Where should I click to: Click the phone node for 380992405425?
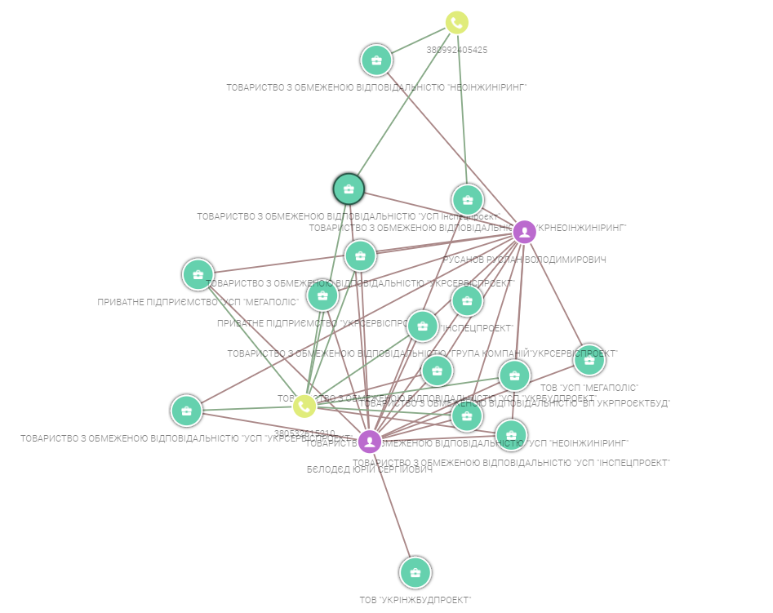pos(457,23)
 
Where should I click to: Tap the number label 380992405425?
pos(456,50)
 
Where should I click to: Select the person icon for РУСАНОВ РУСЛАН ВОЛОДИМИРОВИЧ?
pos(524,233)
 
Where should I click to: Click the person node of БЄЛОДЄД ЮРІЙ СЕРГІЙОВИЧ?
pos(370,442)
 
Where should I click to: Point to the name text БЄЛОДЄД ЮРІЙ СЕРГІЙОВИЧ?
pos(369,471)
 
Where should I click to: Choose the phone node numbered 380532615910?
pos(304,406)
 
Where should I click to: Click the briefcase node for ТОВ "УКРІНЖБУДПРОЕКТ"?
pos(415,572)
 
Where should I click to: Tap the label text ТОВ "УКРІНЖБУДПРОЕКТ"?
pos(415,600)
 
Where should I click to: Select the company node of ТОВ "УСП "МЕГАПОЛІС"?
pos(589,360)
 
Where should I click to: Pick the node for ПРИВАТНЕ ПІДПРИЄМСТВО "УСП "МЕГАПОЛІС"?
pos(198,274)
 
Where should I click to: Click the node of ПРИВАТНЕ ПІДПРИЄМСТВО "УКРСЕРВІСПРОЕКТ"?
pos(322,295)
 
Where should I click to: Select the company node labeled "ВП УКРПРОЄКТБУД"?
pos(513,375)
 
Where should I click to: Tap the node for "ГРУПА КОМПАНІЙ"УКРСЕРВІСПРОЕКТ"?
pos(422,326)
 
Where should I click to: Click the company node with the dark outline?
pos(349,189)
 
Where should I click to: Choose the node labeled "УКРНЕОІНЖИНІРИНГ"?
pos(467,200)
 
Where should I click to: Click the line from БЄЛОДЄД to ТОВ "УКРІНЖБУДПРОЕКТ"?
pos(393,507)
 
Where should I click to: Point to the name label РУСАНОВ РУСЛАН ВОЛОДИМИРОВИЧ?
pos(524,260)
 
